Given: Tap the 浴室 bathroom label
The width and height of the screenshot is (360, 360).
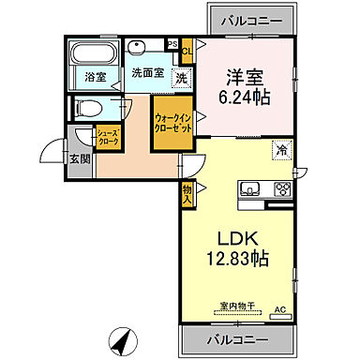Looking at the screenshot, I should pyautogui.click(x=95, y=77).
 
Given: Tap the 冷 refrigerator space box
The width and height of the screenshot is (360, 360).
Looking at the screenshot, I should pyautogui.click(x=281, y=148).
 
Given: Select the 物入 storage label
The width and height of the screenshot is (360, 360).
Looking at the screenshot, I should pyautogui.click(x=187, y=194).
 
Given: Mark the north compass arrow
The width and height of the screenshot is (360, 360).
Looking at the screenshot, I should pyautogui.click(x=120, y=339).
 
